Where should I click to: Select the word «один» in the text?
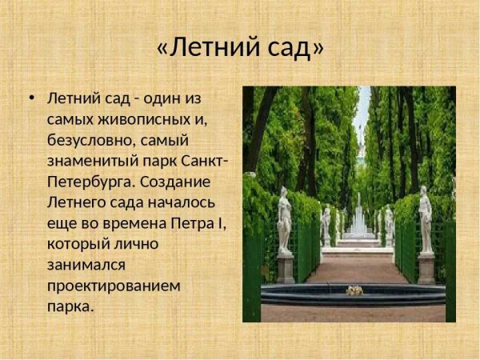170,99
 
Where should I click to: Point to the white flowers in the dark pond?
354,290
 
